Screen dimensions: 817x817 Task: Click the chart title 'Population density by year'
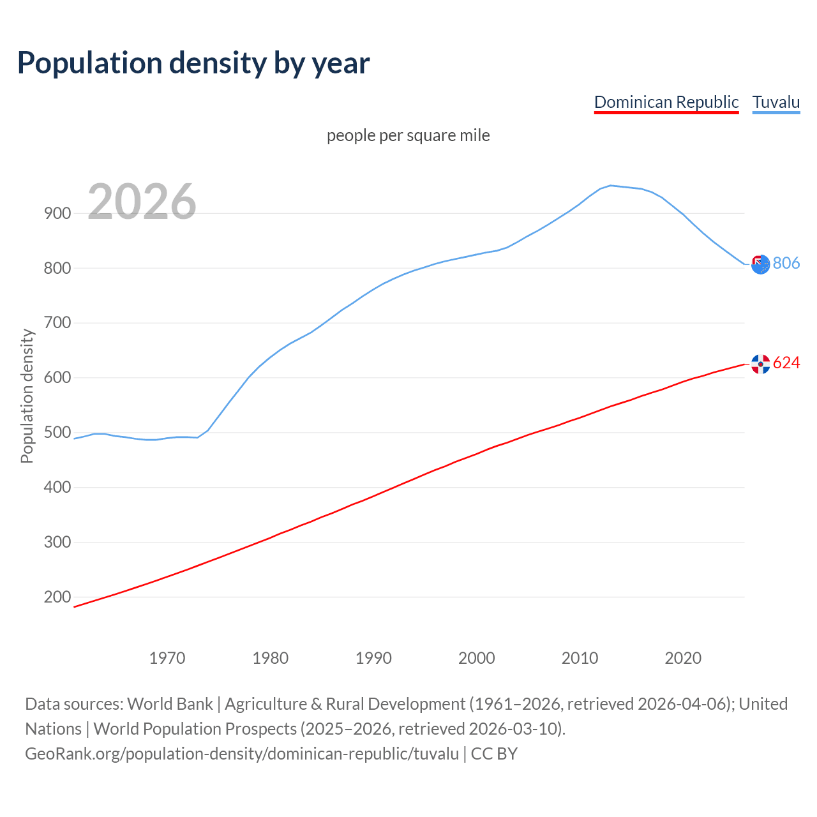[x=193, y=63]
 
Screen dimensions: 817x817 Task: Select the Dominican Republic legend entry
[x=666, y=102]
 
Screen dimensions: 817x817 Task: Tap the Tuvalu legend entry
[x=776, y=102]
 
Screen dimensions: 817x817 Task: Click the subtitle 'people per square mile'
[x=408, y=136]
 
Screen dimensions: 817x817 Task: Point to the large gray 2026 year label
[x=142, y=202]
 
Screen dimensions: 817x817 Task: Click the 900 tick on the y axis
[x=57, y=214]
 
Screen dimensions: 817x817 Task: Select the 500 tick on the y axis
[x=57, y=433]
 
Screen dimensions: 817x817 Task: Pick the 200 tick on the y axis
[x=57, y=597]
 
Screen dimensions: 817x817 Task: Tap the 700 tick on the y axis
[x=57, y=323]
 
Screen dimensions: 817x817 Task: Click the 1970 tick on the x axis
[x=167, y=658]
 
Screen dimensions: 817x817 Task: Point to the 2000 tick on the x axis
[x=477, y=658]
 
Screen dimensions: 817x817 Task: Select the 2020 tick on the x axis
[x=683, y=658]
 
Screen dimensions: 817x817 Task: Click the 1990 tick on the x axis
[x=373, y=658]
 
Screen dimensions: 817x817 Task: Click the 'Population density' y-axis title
[x=27, y=396]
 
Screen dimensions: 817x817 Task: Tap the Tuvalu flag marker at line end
[x=760, y=264]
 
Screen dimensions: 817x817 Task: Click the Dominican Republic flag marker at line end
[x=760, y=364]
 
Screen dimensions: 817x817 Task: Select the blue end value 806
[x=786, y=264]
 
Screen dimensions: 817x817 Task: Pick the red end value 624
[x=786, y=363]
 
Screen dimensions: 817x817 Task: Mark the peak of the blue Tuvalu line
[x=610, y=186]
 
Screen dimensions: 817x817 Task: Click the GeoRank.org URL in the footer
[x=241, y=754]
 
